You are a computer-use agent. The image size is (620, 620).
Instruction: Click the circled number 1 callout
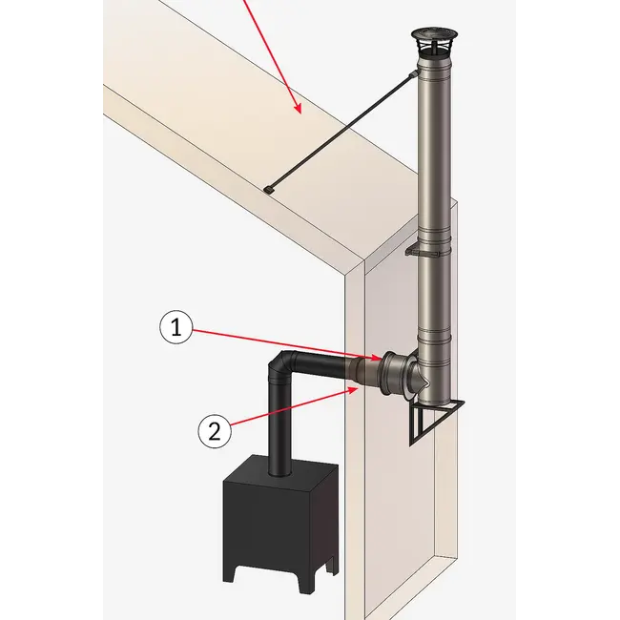176,329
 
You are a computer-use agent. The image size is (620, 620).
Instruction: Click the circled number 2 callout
215,430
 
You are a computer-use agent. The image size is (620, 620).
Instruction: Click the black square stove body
278,520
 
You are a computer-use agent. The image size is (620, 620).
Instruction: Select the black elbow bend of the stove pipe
283,366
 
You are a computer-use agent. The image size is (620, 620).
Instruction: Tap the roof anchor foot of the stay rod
269,190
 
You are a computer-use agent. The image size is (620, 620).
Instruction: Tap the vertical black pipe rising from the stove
278,429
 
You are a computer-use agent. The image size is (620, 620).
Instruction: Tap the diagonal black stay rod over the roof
340,132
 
